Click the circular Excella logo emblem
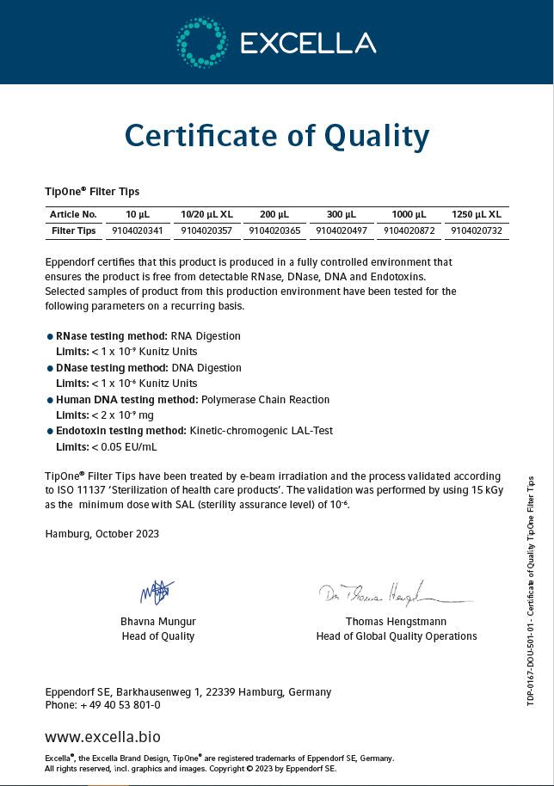(x=202, y=42)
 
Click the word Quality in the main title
(x=376, y=136)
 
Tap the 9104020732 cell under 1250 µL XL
(x=476, y=230)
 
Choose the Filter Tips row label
(x=74, y=230)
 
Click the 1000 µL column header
(x=409, y=214)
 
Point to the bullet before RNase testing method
(x=49, y=336)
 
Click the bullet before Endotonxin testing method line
(x=49, y=431)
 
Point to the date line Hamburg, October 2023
(x=102, y=533)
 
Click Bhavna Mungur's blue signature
(x=157, y=592)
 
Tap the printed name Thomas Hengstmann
(x=396, y=621)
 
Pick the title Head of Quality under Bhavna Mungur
(x=158, y=636)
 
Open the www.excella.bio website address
(x=102, y=737)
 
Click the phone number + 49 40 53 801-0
(x=120, y=705)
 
